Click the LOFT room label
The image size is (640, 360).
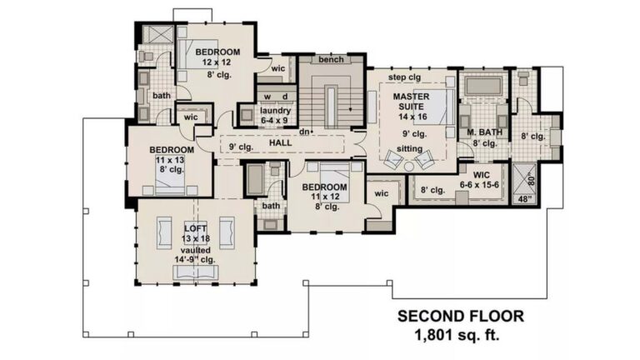(196, 228)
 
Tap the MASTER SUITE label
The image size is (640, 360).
(411, 102)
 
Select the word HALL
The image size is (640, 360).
(280, 142)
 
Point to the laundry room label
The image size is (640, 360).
(275, 111)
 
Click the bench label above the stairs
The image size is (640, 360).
(331, 60)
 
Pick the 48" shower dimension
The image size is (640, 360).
(525, 199)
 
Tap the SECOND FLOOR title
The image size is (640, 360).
(461, 317)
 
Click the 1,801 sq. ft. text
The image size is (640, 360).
(457, 336)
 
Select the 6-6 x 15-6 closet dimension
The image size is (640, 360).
(480, 185)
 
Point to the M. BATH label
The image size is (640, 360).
(484, 132)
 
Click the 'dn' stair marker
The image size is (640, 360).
(304, 132)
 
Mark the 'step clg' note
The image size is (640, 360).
(404, 77)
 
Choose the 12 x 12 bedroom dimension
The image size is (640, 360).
(217, 62)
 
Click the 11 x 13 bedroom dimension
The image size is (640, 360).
(170, 160)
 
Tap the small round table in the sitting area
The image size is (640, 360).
(409, 166)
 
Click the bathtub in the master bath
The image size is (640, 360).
(483, 86)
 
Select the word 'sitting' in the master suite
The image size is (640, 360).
(409, 149)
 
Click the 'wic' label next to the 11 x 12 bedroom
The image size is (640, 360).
(382, 193)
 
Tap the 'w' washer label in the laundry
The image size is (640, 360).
(267, 97)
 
